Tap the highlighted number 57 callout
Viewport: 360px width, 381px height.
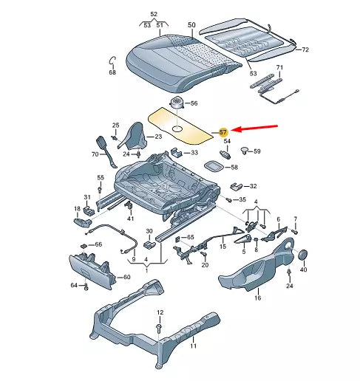[224, 131]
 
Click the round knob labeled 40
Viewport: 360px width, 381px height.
[302, 254]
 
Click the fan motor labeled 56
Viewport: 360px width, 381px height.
[178, 102]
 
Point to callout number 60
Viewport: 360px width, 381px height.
[126, 277]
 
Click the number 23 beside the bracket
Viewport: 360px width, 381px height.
[157, 137]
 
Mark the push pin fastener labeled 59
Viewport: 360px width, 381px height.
[243, 151]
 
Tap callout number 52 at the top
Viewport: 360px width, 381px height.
[154, 15]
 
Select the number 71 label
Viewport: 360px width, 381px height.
[279, 68]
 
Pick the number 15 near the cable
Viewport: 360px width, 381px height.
[222, 247]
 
